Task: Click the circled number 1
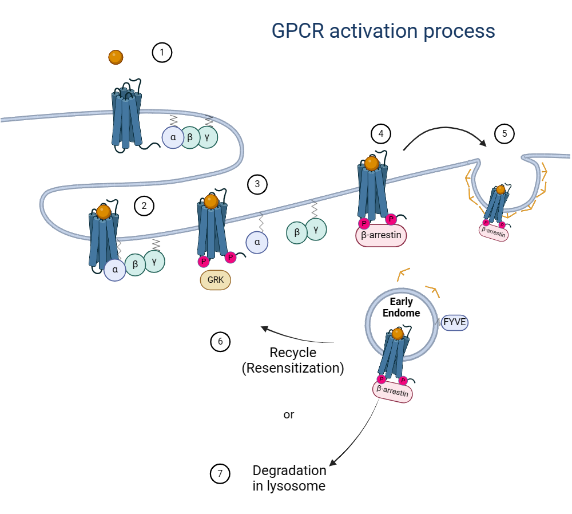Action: [162, 53]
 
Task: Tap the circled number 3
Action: [257, 184]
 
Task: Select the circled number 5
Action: [504, 134]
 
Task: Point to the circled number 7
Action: [220, 474]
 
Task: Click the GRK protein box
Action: [216, 280]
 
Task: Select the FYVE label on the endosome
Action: [455, 322]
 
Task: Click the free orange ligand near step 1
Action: [116, 57]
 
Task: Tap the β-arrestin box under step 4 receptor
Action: [381, 235]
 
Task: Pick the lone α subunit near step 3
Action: [257, 242]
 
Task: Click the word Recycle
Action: [293, 353]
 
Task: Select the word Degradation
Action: [289, 470]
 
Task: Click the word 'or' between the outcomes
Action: [289, 414]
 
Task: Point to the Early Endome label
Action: [401, 307]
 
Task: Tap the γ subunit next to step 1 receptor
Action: [208, 137]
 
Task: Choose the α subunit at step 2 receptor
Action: [115, 270]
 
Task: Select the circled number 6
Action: [220, 342]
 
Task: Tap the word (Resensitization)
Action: [293, 368]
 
